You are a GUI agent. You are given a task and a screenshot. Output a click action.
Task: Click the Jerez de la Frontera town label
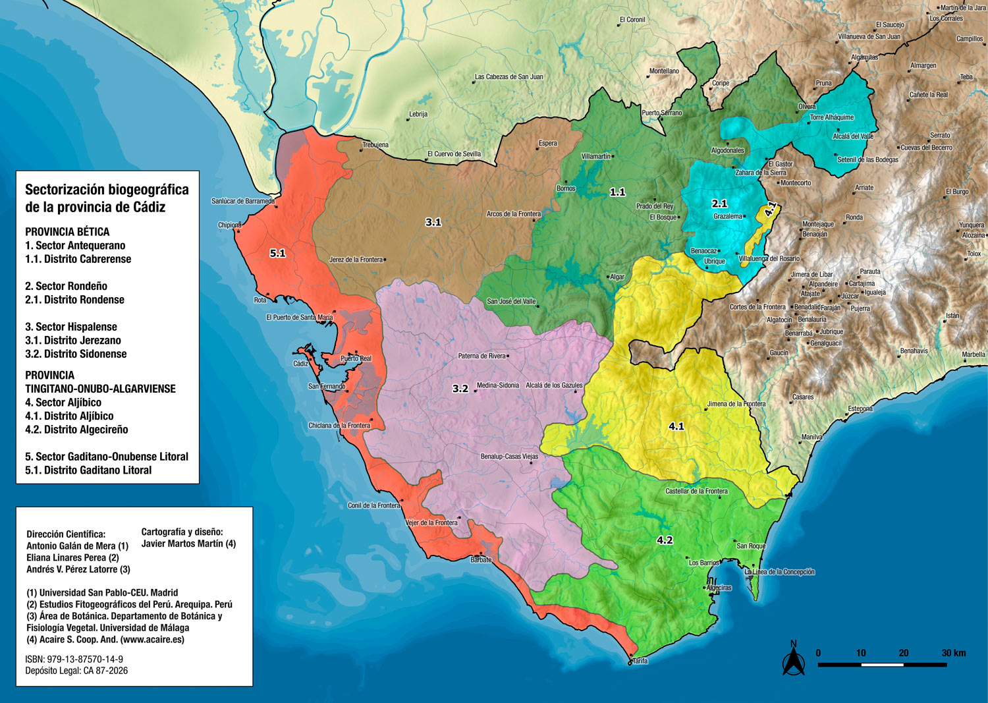tap(356, 260)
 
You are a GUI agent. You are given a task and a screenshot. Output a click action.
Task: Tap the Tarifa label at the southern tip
tap(639, 661)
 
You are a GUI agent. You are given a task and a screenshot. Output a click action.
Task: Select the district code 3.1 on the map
tap(433, 222)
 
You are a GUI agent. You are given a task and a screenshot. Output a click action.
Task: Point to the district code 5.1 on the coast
tap(277, 253)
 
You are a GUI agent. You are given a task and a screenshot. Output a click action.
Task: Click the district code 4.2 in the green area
tap(665, 540)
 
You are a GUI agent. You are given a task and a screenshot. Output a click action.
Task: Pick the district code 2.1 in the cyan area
tap(719, 204)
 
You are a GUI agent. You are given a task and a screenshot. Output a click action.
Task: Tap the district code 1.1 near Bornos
tap(617, 192)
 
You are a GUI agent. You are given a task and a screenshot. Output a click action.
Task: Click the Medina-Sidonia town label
tap(497, 385)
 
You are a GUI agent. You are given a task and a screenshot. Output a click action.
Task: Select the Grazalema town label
tap(727, 217)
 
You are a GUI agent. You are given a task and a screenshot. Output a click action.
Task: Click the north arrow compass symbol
tap(793, 660)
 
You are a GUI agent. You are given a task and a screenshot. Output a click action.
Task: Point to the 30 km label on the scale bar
tap(953, 653)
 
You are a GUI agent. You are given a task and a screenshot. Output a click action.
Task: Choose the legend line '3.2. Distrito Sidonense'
tap(76, 354)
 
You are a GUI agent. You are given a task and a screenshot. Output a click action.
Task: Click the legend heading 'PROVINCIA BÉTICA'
tap(67, 232)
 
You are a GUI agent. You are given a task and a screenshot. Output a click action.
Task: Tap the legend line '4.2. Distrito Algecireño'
tap(76, 430)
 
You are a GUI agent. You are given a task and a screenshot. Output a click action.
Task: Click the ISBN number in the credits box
tap(74, 659)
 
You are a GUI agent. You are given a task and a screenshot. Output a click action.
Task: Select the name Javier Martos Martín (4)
tap(188, 544)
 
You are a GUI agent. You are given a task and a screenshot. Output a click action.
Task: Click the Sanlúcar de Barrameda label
tap(242, 202)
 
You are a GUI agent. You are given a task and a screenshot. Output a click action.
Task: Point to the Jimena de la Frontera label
tap(736, 404)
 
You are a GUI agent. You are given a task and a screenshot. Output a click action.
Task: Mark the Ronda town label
tap(854, 217)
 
